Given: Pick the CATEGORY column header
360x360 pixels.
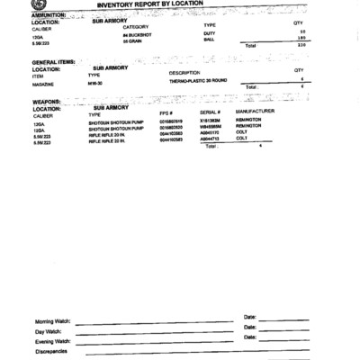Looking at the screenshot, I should [x=135, y=27].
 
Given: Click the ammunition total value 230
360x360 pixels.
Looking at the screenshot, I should [x=301, y=45].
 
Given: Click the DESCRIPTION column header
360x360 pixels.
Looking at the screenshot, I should [x=184, y=72].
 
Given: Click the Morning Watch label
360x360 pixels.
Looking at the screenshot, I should [x=53, y=321].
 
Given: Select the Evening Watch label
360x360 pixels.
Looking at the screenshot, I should [x=53, y=341].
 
